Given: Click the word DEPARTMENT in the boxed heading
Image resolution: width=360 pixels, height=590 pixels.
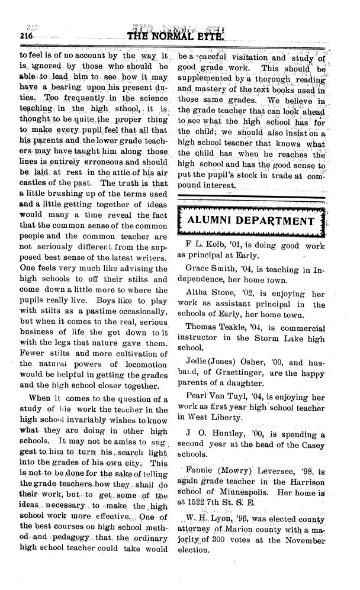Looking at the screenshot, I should pyautogui.click(x=278, y=221).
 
